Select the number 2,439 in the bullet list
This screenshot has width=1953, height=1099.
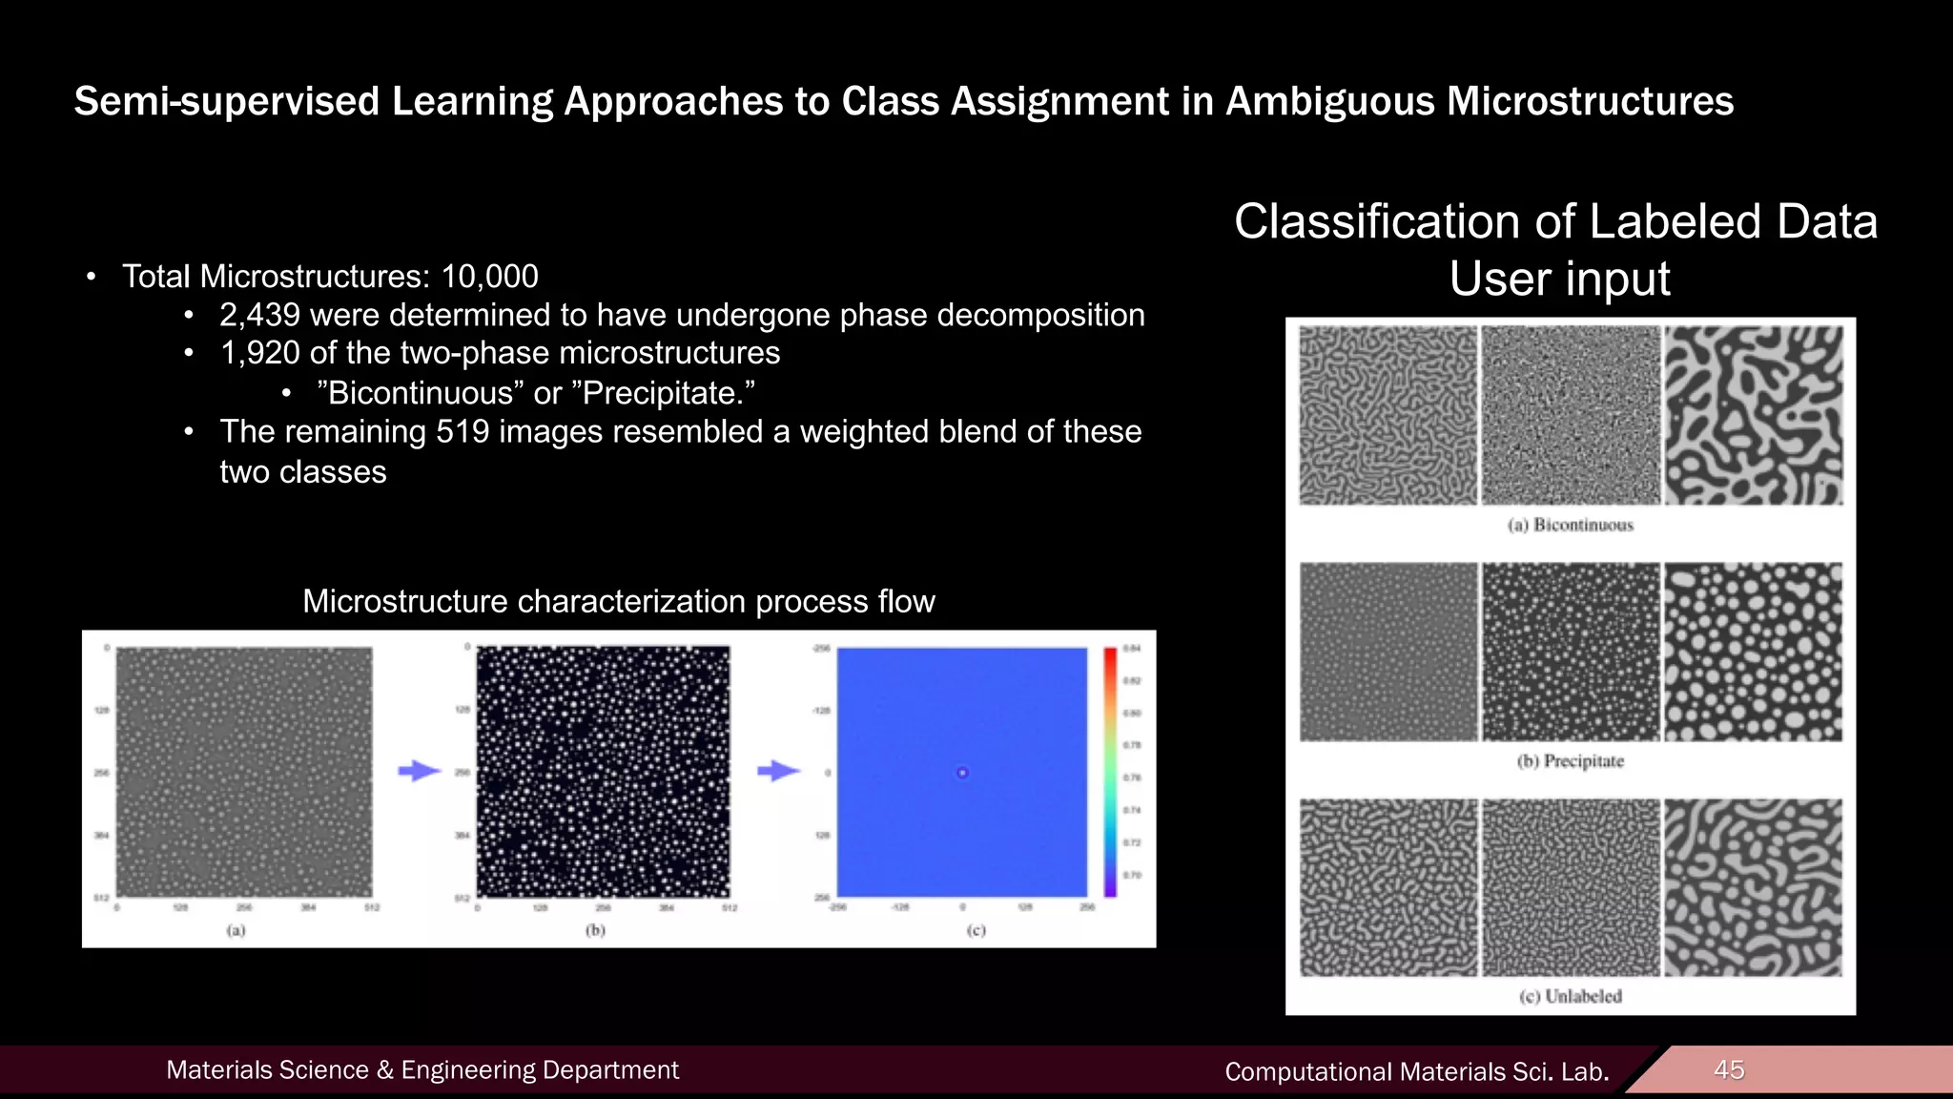coord(259,315)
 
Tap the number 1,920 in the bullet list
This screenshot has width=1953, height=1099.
coord(259,353)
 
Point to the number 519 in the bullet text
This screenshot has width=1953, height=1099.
coord(463,432)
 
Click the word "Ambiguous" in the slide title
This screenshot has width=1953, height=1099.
coord(1329,101)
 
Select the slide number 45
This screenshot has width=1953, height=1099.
coord(1728,1069)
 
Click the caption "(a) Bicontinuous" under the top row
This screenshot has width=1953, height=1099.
coord(1570,525)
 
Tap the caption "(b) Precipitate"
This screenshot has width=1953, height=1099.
coord(1570,761)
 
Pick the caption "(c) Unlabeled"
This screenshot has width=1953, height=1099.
coord(1570,997)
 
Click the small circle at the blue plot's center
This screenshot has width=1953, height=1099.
coord(962,773)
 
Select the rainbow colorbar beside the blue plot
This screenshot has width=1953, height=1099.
coord(1110,772)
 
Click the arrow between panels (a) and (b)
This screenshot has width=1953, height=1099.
coord(419,771)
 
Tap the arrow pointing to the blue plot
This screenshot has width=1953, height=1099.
coord(778,771)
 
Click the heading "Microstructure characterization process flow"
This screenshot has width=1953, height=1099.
coord(618,602)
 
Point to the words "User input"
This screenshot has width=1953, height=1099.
coord(1559,280)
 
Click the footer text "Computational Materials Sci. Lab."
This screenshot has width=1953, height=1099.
coord(1416,1072)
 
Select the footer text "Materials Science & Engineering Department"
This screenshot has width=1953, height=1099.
coord(422,1070)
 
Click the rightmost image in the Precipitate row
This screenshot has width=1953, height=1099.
coord(1753,652)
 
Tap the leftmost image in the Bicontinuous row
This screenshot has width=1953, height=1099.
coord(1388,415)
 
